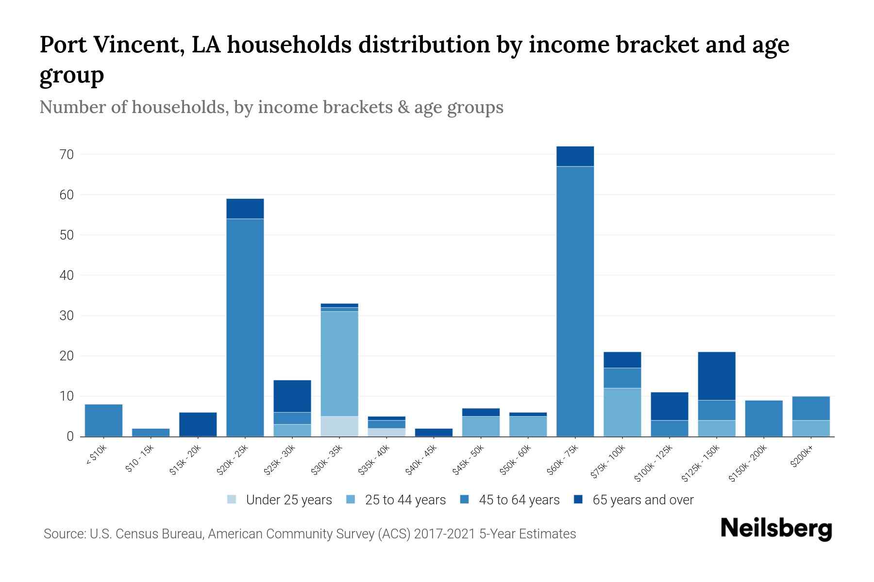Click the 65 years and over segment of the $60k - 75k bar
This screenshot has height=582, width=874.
(575, 156)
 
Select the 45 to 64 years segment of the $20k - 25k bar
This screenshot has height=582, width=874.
(245, 327)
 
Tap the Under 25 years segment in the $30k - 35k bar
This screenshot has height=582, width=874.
(339, 426)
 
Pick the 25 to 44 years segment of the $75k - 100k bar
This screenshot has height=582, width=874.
(622, 412)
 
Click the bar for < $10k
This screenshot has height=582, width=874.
(103, 420)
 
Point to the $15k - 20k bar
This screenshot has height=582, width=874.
(198, 424)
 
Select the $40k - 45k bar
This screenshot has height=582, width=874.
(434, 432)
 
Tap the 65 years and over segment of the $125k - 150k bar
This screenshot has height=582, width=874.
(716, 376)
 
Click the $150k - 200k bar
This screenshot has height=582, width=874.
(763, 418)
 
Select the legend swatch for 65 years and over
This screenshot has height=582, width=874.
(578, 500)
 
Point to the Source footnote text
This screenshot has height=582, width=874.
(310, 534)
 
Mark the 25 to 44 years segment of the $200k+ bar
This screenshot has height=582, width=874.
(810, 428)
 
